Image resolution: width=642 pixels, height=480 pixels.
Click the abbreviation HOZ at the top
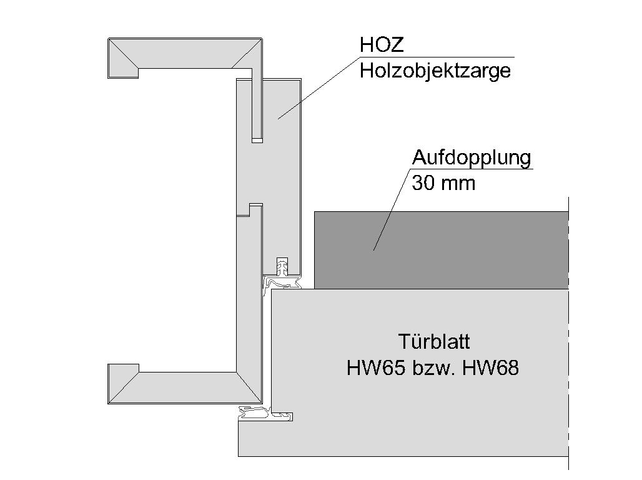coord(382,44)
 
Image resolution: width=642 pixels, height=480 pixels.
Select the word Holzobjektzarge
coord(435,71)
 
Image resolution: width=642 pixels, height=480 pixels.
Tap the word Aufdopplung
coord(472,158)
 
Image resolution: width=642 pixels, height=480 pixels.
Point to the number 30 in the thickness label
coord(423,183)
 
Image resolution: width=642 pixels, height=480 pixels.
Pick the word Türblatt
coord(434,341)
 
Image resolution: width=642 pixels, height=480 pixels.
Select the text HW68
coord(490,367)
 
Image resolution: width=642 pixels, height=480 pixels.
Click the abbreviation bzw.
coord(433,367)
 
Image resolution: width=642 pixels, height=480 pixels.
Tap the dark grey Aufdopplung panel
coord(442,250)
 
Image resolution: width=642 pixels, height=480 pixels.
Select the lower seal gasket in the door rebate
coord(265,413)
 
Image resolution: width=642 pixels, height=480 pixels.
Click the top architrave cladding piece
coord(185,53)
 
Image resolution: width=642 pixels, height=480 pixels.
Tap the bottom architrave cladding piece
coord(185,387)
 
